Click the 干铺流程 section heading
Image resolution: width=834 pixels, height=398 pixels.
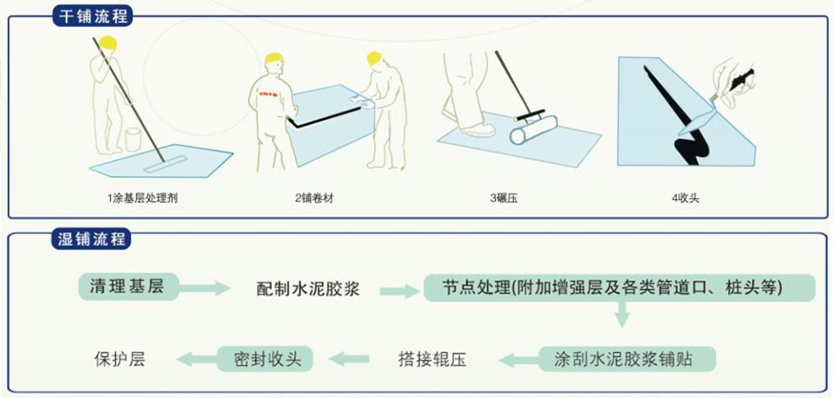92,15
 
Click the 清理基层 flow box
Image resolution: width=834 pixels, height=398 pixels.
126,285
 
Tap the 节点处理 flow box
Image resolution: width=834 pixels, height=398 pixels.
619,288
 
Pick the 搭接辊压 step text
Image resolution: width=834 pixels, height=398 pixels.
432,359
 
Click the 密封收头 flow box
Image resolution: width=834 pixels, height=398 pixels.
265,358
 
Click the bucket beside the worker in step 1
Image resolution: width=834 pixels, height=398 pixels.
132,140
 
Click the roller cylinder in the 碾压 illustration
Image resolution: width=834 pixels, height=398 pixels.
534,130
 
